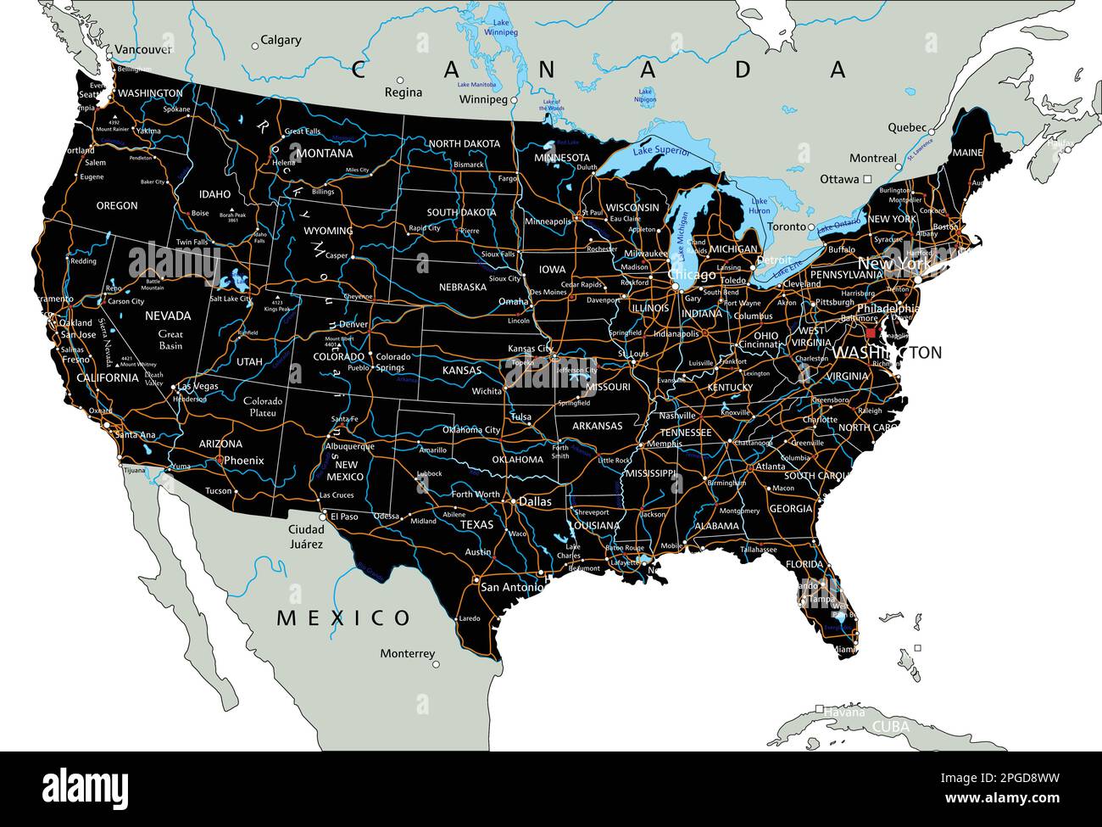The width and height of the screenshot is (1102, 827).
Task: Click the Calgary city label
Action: (x=280, y=40)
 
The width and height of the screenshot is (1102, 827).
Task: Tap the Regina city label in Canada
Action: (x=403, y=92)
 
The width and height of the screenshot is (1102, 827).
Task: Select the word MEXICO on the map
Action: (x=343, y=617)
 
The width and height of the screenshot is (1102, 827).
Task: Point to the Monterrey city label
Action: (x=407, y=654)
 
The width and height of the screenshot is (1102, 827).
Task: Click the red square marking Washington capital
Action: (x=870, y=333)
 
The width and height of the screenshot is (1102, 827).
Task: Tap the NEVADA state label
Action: (x=167, y=316)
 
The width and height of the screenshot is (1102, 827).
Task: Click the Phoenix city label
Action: (x=243, y=461)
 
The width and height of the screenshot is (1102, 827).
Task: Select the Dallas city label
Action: (x=535, y=501)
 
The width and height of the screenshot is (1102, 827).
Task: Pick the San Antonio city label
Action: (x=512, y=587)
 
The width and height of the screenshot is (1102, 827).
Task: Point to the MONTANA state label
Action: (x=326, y=154)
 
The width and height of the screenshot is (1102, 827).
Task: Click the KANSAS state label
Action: (x=462, y=371)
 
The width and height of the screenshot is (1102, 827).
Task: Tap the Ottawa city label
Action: (x=839, y=180)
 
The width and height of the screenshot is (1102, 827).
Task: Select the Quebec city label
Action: (x=907, y=127)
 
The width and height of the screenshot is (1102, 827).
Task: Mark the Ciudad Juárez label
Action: (x=305, y=536)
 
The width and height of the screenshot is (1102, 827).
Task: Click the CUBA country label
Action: (x=890, y=727)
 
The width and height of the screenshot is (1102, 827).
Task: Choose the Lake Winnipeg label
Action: (x=500, y=25)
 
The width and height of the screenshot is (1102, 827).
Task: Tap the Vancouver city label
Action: (x=142, y=49)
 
